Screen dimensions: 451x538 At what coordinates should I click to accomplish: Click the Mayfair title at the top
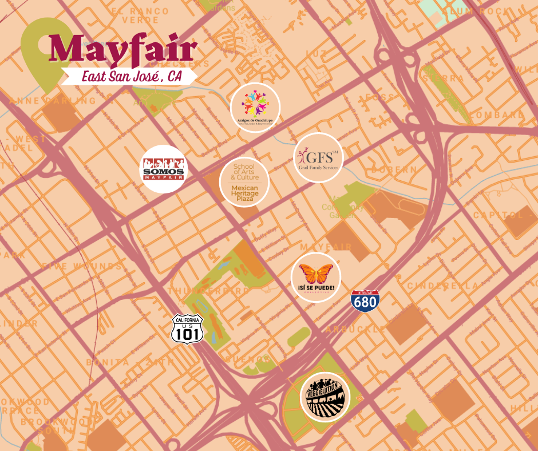[x=123, y=50]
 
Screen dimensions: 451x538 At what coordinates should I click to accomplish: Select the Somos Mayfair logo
[x=164, y=169]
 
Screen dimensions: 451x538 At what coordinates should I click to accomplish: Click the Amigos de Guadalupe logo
[x=255, y=107]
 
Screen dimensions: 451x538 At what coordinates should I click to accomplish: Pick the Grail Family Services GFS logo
[x=318, y=157]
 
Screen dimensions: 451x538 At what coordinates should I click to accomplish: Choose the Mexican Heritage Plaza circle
[x=244, y=181]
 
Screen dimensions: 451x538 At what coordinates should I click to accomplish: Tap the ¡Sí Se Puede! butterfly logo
[x=316, y=277]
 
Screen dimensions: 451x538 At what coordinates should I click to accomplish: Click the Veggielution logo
[x=325, y=395]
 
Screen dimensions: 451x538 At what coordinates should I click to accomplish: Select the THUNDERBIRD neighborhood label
[x=209, y=291]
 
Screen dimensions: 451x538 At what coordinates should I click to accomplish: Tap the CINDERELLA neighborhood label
[x=442, y=286]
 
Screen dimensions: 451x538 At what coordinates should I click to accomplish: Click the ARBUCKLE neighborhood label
[x=355, y=330]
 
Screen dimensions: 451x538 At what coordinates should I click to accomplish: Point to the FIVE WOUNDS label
[x=81, y=266]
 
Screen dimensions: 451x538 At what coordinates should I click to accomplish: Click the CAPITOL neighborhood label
[x=497, y=215]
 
